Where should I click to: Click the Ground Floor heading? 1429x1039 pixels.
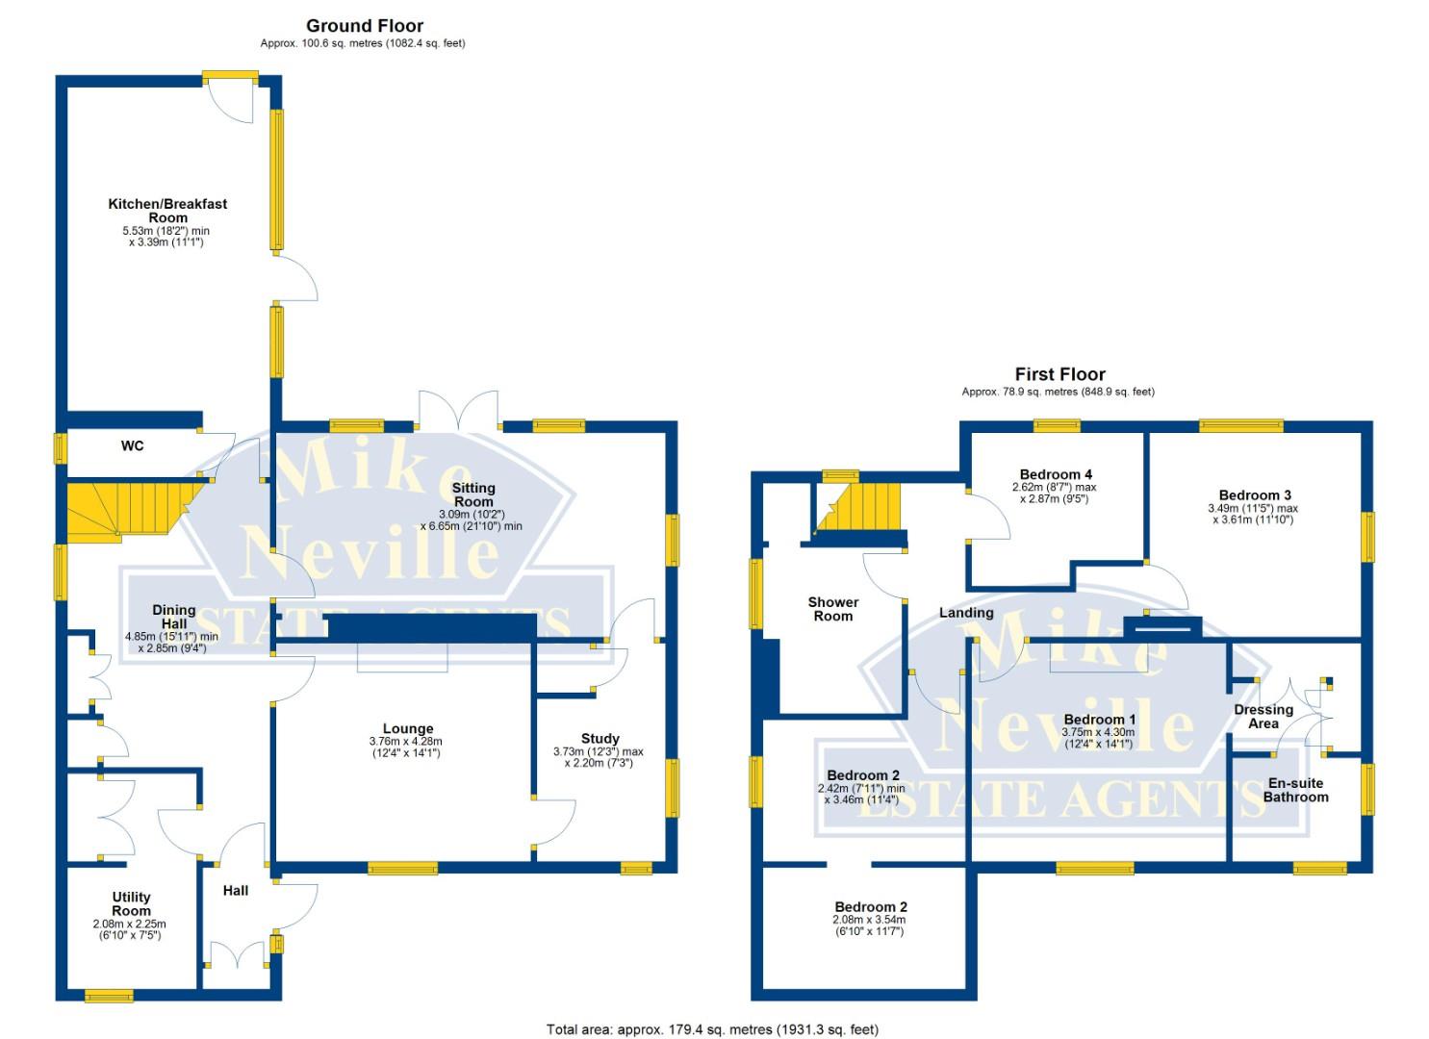pyautogui.click(x=364, y=26)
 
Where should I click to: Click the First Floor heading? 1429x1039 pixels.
pyautogui.click(x=1059, y=374)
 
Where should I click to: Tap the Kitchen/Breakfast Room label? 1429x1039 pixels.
pyautogui.click(x=167, y=211)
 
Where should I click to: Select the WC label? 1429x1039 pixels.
pyautogui.click(x=132, y=445)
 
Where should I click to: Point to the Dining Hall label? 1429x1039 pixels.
pyautogui.click(x=174, y=617)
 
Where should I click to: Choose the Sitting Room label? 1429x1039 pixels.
pyautogui.click(x=472, y=494)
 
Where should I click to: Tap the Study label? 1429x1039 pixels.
pyautogui.click(x=600, y=739)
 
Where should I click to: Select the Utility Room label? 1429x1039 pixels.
pyautogui.click(x=131, y=903)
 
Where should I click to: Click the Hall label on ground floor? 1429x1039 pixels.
pyautogui.click(x=236, y=891)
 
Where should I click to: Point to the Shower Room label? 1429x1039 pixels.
pyautogui.click(x=832, y=609)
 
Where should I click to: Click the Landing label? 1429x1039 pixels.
pyautogui.click(x=965, y=613)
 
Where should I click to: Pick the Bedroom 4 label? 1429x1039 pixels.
pyautogui.click(x=1056, y=474)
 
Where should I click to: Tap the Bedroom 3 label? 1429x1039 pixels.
pyautogui.click(x=1254, y=495)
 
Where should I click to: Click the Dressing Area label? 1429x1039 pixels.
pyautogui.click(x=1263, y=717)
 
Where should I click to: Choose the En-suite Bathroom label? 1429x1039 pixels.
pyautogui.click(x=1295, y=790)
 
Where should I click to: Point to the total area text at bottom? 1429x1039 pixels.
pyautogui.click(x=712, y=1029)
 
